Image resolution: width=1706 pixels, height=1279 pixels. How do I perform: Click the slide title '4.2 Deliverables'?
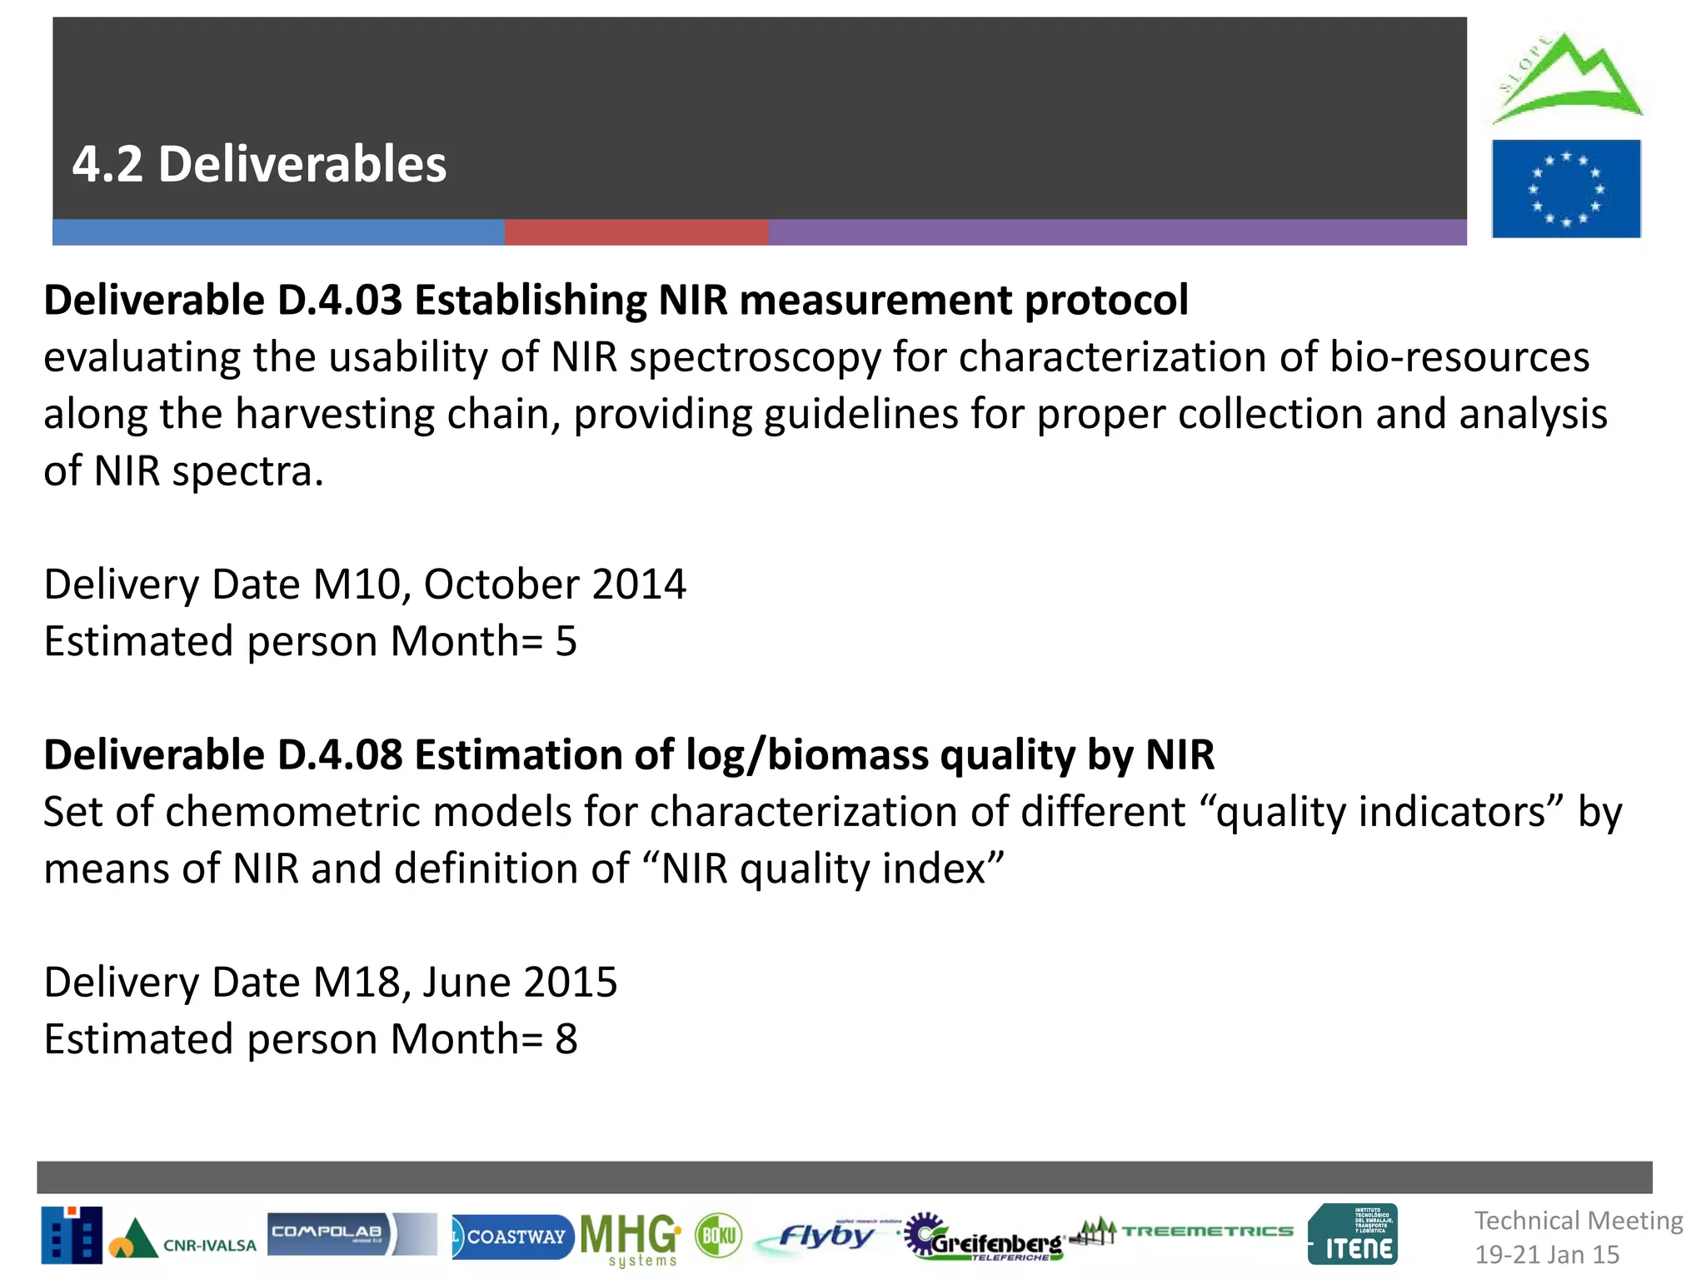coord(259,164)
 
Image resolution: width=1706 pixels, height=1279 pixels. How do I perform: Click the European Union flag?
coord(1566,189)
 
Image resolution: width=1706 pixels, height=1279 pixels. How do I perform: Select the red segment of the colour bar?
coord(636,232)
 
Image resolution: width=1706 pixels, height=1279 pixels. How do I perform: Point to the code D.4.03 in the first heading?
coord(340,300)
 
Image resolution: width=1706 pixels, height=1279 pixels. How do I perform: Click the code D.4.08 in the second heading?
coord(340,754)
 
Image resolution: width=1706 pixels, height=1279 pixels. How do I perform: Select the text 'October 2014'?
coord(555,584)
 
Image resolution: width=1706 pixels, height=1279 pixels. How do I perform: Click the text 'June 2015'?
coord(520,982)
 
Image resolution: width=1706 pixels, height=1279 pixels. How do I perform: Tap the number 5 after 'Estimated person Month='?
coord(566,641)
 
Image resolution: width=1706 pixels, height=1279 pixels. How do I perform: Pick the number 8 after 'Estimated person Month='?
coord(566,1039)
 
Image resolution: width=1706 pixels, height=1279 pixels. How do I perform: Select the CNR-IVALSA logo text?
coord(209,1246)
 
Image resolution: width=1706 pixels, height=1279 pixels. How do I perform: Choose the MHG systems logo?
coord(631,1238)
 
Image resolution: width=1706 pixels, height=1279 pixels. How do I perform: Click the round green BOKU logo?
coord(718,1235)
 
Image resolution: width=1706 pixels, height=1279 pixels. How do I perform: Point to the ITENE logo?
coord(1353,1235)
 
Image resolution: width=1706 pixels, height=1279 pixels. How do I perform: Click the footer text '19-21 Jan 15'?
coord(1547,1254)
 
